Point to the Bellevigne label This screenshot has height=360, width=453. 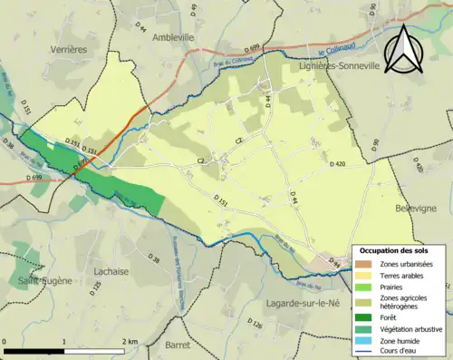417,208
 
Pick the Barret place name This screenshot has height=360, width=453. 179,345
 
